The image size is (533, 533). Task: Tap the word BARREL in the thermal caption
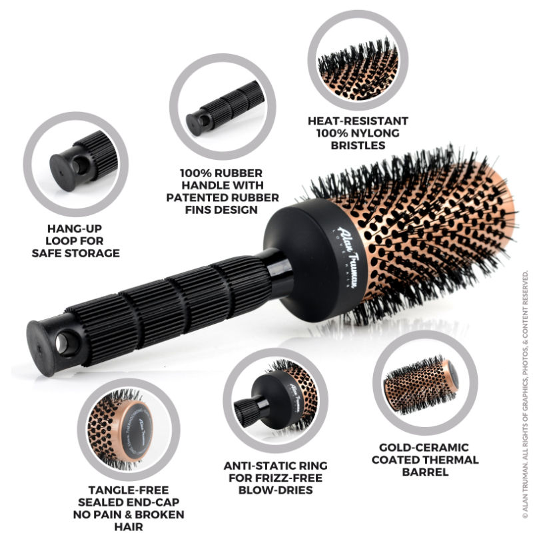(424, 472)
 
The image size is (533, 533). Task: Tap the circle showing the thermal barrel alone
(424, 382)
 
